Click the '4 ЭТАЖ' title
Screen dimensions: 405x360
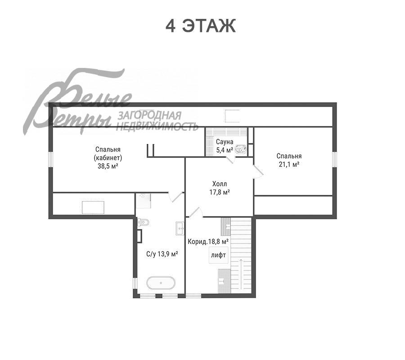click(x=200, y=26)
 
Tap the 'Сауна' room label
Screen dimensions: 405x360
click(x=225, y=142)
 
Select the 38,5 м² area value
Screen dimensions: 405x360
click(x=108, y=166)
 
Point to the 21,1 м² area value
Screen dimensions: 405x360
click(x=289, y=164)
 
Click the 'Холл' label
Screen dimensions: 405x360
click(x=220, y=184)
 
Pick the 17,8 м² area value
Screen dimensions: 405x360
click(x=220, y=192)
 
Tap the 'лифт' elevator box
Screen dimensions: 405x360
click(x=219, y=255)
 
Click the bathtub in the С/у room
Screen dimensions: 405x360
click(x=161, y=283)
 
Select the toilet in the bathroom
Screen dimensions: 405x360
click(x=143, y=222)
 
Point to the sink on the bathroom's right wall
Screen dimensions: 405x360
click(x=180, y=228)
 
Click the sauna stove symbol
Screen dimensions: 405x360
click(x=240, y=149)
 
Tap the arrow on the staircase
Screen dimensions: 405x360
click(x=241, y=274)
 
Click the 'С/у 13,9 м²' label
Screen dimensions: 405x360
click(x=162, y=254)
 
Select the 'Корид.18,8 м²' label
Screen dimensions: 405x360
click(x=208, y=242)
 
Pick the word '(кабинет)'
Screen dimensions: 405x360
click(x=108, y=158)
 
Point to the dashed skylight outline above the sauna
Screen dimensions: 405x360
click(x=232, y=116)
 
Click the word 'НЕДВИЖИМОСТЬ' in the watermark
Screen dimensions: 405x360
click(x=157, y=126)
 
